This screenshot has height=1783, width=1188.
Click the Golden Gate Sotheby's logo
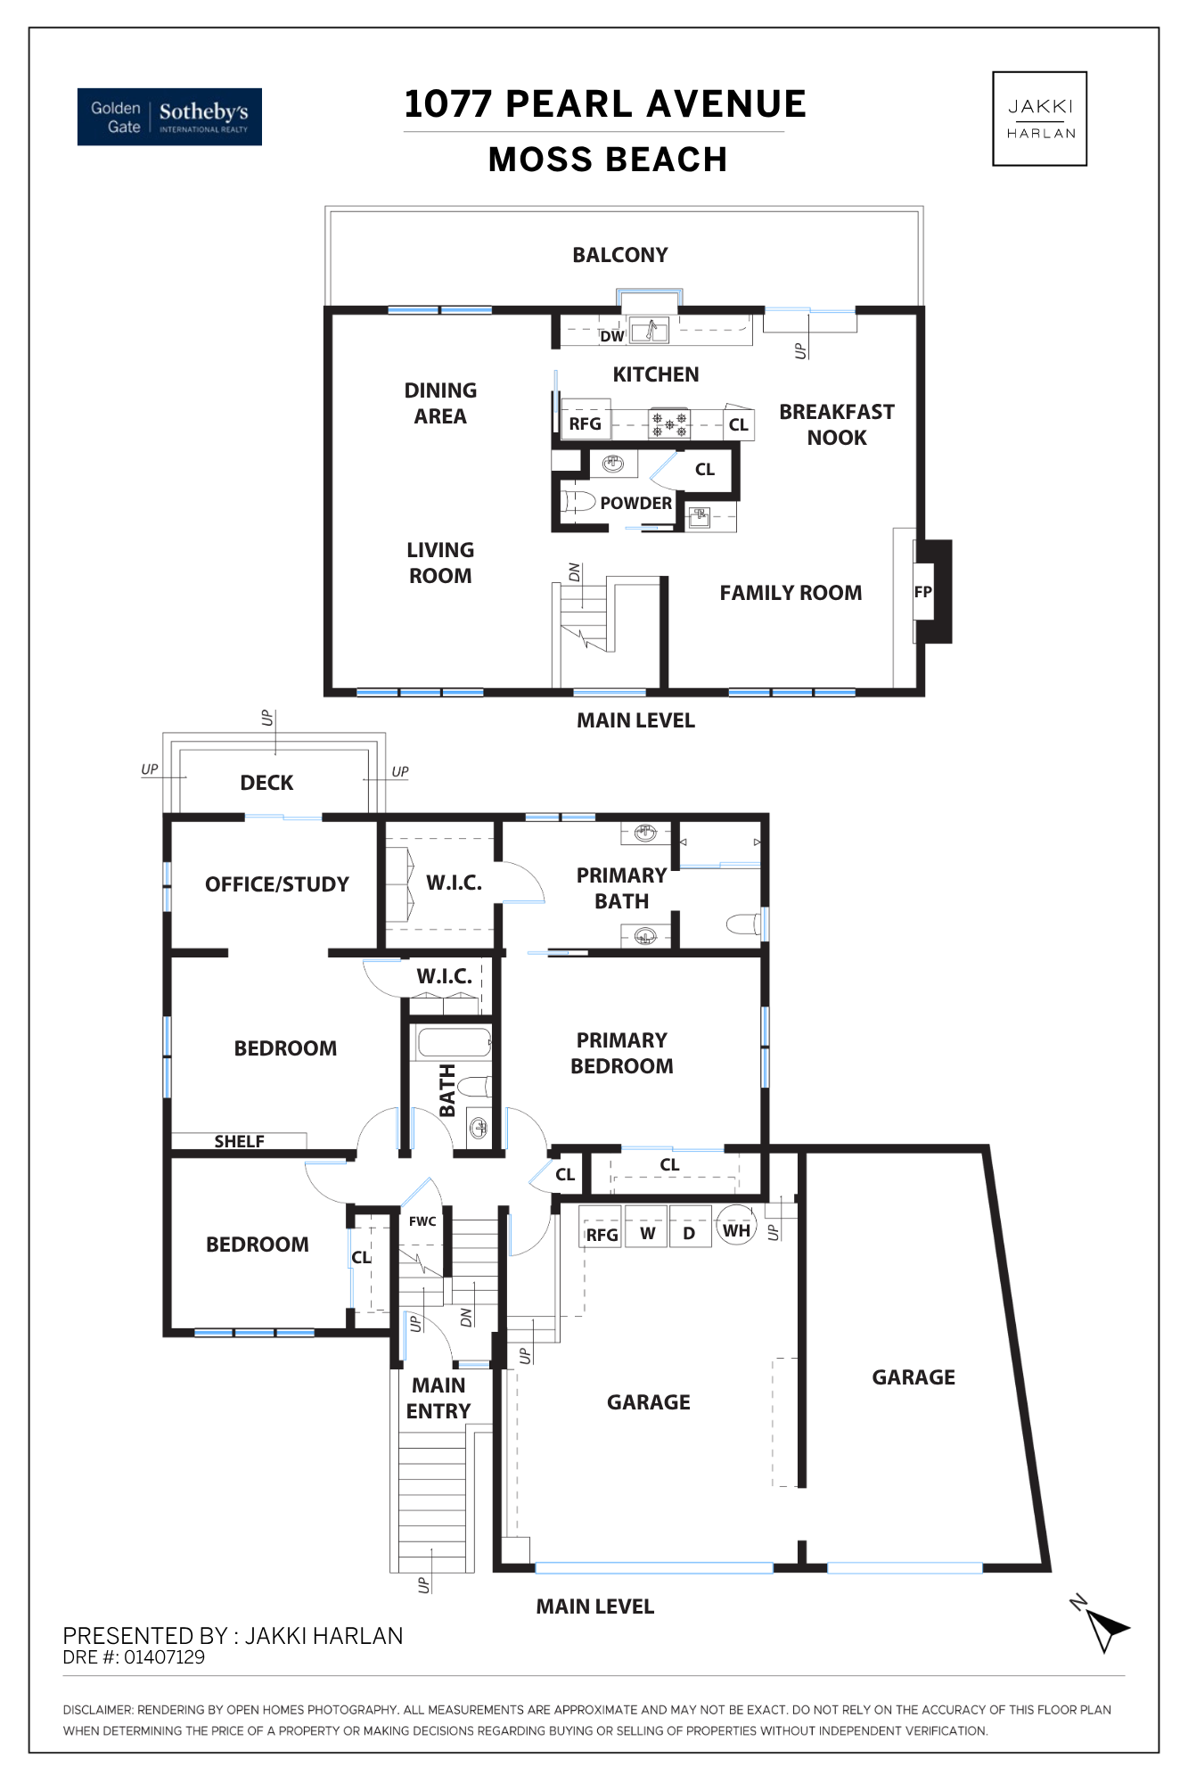pos(169,117)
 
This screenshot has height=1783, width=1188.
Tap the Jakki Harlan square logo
pos(1039,119)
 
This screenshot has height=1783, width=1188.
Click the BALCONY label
pos(620,255)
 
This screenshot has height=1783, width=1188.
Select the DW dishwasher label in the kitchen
pos(611,336)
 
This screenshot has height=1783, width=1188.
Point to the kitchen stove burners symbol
pos(669,423)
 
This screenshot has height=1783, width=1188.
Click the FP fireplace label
pos(922,592)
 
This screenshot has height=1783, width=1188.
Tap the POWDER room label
pos(635,503)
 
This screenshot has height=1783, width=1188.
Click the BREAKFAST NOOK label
pos(837,424)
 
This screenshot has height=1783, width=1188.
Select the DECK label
pos(266,783)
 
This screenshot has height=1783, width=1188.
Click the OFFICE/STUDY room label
pos(277,884)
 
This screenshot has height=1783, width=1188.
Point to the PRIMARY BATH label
pos(622,888)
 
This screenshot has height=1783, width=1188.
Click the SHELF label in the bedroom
pos(239,1141)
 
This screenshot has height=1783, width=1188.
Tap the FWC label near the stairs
pos(422,1221)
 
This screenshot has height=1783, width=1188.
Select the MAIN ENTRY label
pos(438,1398)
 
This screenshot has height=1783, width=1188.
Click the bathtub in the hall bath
pos(455,1043)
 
